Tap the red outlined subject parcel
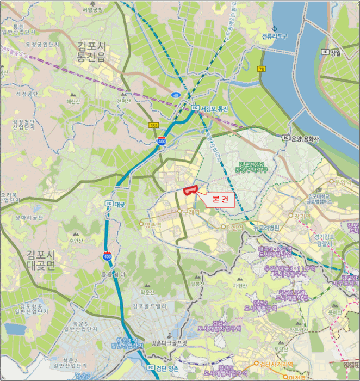pyautogui.click(x=190, y=190)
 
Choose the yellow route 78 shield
pyautogui.click(x=261, y=69)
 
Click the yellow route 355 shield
pyautogui.click(x=154, y=125)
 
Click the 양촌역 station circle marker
pyautogui.click(x=142, y=223)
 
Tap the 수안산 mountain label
pyautogui.click(x=76, y=239)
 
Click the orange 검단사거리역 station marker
pyautogui.click(x=256, y=364)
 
